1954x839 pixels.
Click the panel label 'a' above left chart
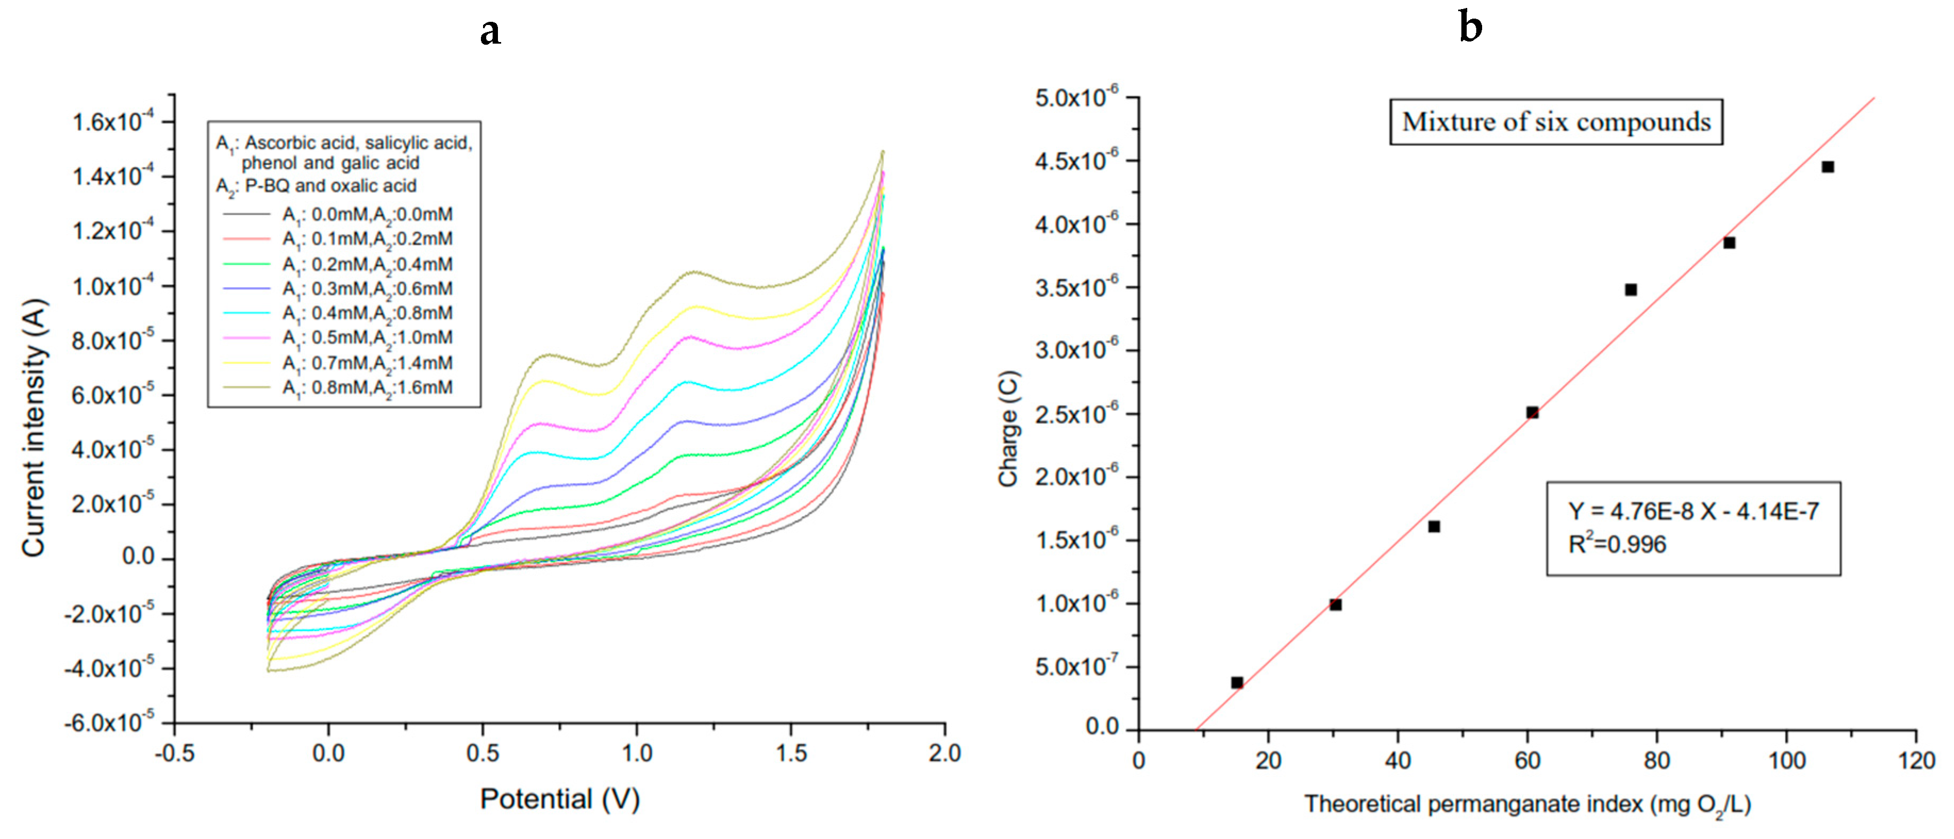(x=490, y=32)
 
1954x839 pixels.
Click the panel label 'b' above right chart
(x=1470, y=28)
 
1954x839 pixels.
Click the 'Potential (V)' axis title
(x=560, y=799)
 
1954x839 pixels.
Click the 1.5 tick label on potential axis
(x=791, y=753)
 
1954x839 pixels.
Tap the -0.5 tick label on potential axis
(x=174, y=753)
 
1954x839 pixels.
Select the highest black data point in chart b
(x=1827, y=167)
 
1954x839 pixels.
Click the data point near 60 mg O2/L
(x=1532, y=413)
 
